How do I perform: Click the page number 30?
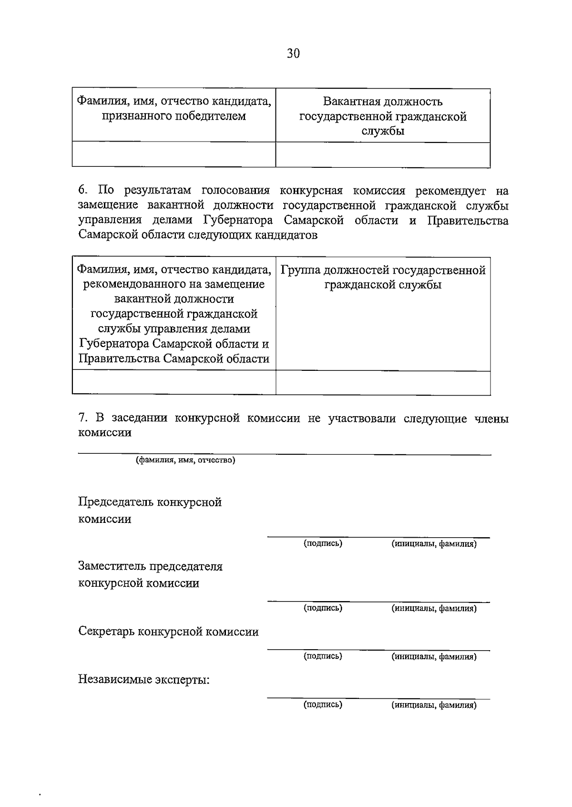(x=293, y=53)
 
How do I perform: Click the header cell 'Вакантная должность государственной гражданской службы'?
(x=383, y=116)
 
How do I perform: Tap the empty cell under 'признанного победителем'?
(x=174, y=154)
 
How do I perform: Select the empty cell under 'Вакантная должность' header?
(x=383, y=154)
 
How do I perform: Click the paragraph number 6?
(x=82, y=191)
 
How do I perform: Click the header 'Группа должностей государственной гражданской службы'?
(x=383, y=277)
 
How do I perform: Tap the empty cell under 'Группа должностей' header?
(x=383, y=383)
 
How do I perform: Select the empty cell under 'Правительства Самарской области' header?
(x=174, y=383)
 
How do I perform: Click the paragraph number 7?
(x=82, y=419)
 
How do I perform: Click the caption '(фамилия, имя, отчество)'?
(x=185, y=460)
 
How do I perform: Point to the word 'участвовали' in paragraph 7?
(x=362, y=419)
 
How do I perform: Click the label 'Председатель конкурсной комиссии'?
(x=150, y=510)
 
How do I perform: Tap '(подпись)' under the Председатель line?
(x=323, y=543)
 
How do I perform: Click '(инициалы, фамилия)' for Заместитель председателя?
(x=434, y=608)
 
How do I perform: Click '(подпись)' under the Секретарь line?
(x=323, y=656)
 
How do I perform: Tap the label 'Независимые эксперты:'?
(x=144, y=680)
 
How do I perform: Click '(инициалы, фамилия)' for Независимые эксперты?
(x=434, y=705)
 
